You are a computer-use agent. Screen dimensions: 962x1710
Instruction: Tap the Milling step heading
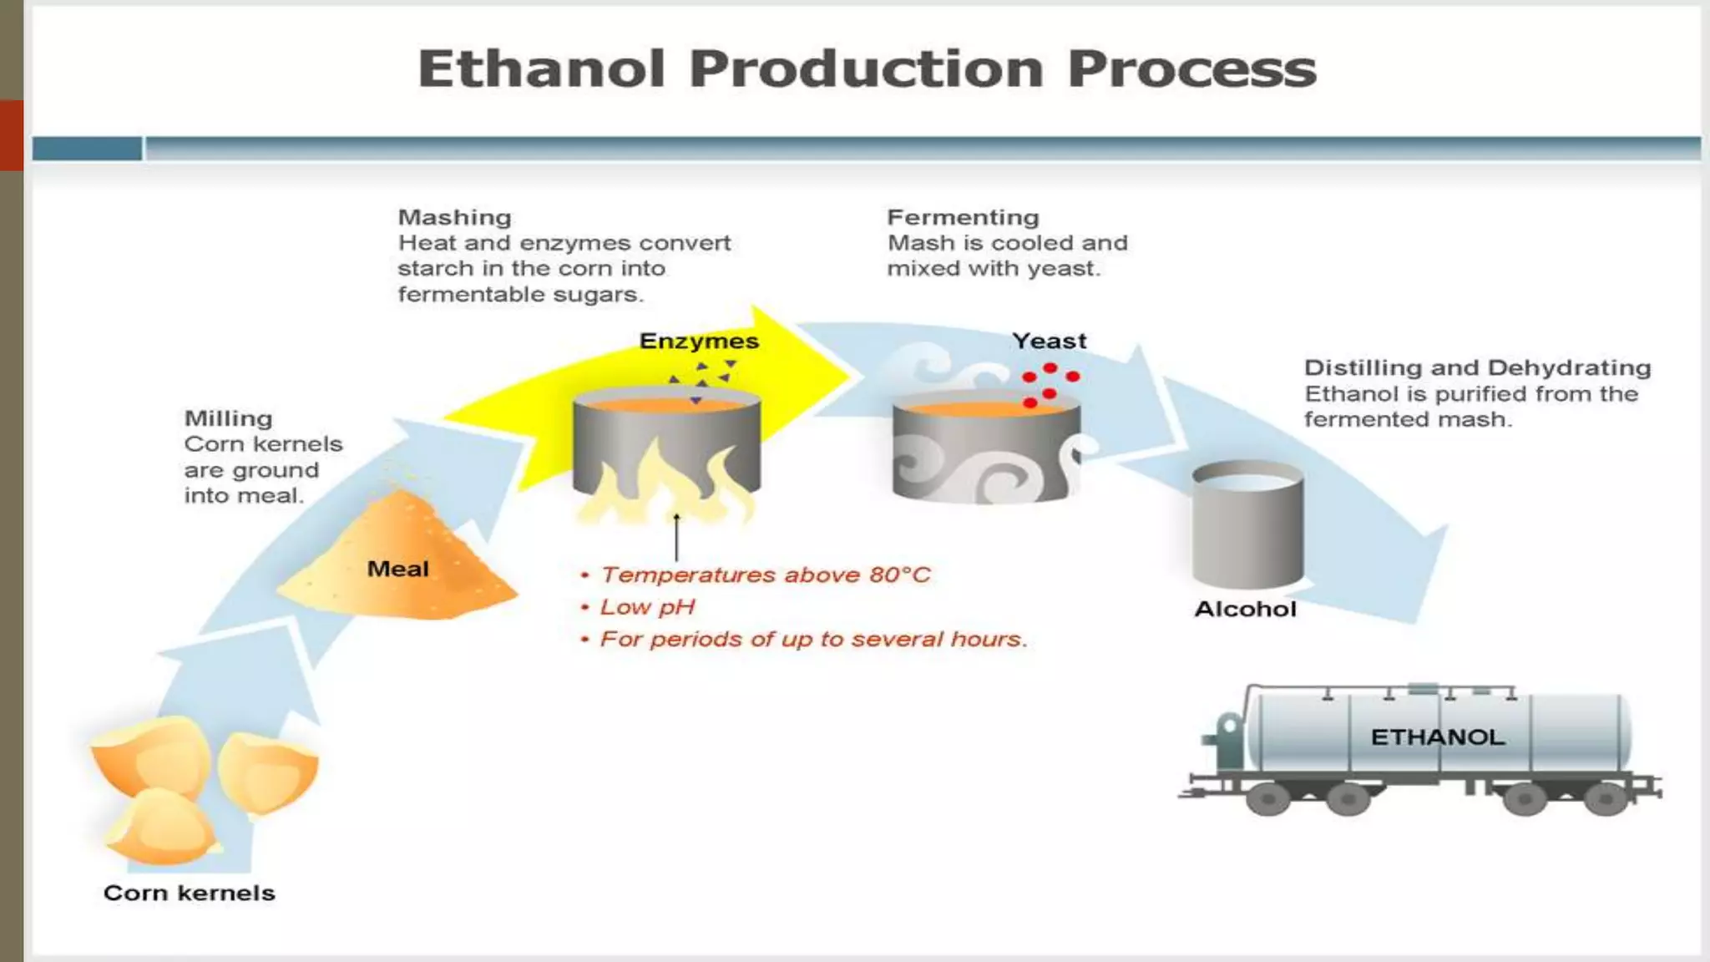tap(228, 418)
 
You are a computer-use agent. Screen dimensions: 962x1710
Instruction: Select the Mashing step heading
tap(454, 217)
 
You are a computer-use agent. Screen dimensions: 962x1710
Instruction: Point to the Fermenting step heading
tap(963, 217)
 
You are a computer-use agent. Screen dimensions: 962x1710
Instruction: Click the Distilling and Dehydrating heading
tap(1477, 367)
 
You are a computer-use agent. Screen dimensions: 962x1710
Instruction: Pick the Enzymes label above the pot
tap(699, 341)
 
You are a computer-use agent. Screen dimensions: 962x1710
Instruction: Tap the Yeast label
tap(1050, 341)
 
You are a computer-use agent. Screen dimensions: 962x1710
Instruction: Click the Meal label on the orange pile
tap(397, 569)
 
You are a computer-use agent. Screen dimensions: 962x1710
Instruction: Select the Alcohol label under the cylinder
tap(1245, 609)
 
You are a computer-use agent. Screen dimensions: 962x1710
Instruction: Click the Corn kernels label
tap(189, 893)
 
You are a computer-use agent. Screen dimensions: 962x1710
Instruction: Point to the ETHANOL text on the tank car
tap(1437, 737)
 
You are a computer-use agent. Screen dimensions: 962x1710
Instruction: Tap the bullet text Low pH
tap(647, 607)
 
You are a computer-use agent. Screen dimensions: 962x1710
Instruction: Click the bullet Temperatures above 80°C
tap(764, 575)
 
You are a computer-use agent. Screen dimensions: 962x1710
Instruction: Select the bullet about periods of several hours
tap(812, 639)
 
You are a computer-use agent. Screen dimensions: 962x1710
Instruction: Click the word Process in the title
tap(1191, 68)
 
